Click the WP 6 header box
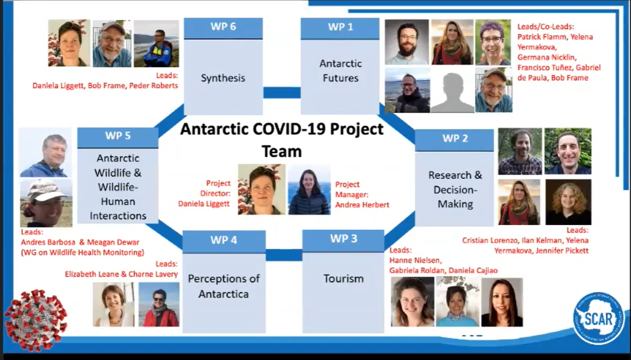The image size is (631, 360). pos(223,28)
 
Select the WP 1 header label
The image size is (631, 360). pos(340,27)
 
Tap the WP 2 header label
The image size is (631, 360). pos(455,138)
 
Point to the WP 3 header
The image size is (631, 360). pos(343,241)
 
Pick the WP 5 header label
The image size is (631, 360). pos(118,136)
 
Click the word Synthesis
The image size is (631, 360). pos(223,78)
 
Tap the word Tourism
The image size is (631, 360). pos(344,278)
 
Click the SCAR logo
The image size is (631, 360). pos(599,318)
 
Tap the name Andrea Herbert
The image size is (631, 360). pos(362,205)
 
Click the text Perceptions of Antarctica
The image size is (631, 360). pos(224,286)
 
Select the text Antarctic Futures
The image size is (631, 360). pos(341,70)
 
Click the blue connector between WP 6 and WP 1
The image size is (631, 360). pos(282,92)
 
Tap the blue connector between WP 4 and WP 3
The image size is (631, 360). pos(284,255)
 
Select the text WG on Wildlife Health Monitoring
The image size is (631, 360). pos(83,253)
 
